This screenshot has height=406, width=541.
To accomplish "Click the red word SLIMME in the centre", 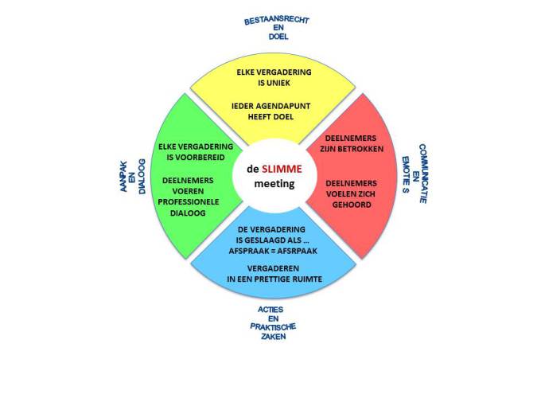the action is coord(282,169).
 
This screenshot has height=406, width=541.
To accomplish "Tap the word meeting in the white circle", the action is coord(274,184).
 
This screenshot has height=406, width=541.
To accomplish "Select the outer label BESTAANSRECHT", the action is coord(276,21).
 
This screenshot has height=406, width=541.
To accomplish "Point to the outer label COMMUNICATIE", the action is coord(423,174).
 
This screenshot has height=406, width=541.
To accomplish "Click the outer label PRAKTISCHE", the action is coord(273,326).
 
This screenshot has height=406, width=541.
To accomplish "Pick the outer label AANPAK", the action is coord(123,177).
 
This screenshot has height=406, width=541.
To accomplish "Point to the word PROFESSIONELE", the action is coord(189,202).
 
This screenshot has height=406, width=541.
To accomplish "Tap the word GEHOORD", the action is coord(352,205).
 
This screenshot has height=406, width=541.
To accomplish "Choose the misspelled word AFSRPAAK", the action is coord(297,251).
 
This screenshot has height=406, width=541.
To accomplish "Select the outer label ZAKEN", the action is coord(274,336).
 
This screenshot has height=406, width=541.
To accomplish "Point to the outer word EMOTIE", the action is coord(406,170).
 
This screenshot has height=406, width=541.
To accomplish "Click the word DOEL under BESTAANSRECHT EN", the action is coord(278,37).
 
